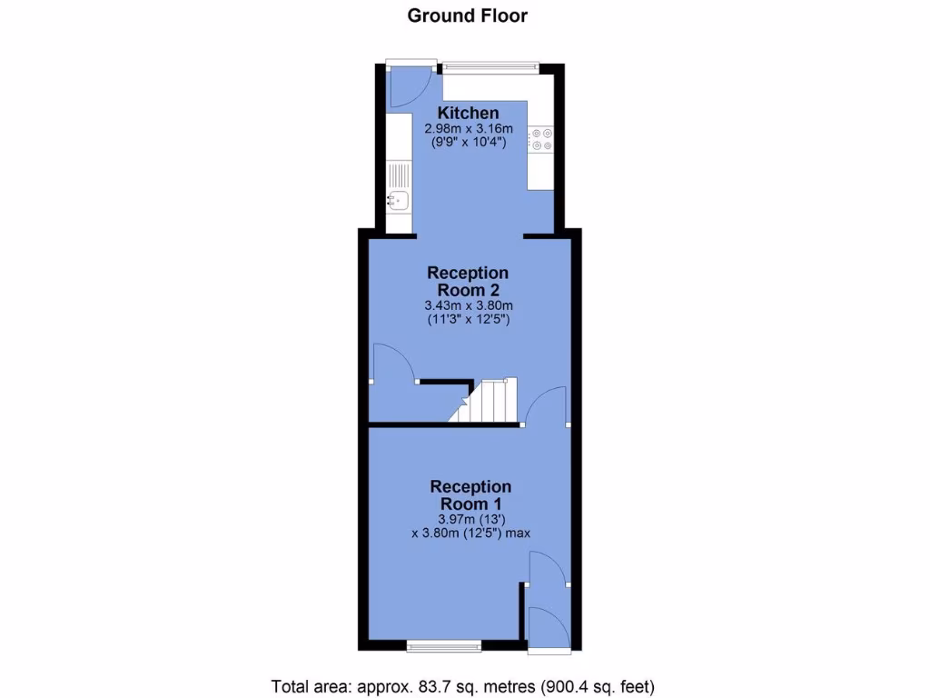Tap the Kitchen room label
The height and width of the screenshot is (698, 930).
tap(469, 113)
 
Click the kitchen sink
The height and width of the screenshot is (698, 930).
tap(398, 202)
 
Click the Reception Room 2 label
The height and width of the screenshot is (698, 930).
tap(468, 281)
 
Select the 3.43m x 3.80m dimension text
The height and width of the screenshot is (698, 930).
tap(468, 305)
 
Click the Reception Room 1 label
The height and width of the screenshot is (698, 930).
tap(470, 495)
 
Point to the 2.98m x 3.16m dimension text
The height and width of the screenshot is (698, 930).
tap(469, 128)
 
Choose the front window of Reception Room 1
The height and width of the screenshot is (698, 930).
tap(444, 645)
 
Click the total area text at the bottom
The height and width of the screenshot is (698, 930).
tap(463, 685)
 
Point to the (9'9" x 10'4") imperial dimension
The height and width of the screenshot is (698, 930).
tap(469, 142)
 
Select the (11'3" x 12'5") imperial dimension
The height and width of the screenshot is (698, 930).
tap(468, 319)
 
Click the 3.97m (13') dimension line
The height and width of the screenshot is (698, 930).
tap(470, 518)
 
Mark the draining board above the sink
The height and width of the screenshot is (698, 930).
tap(398, 174)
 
